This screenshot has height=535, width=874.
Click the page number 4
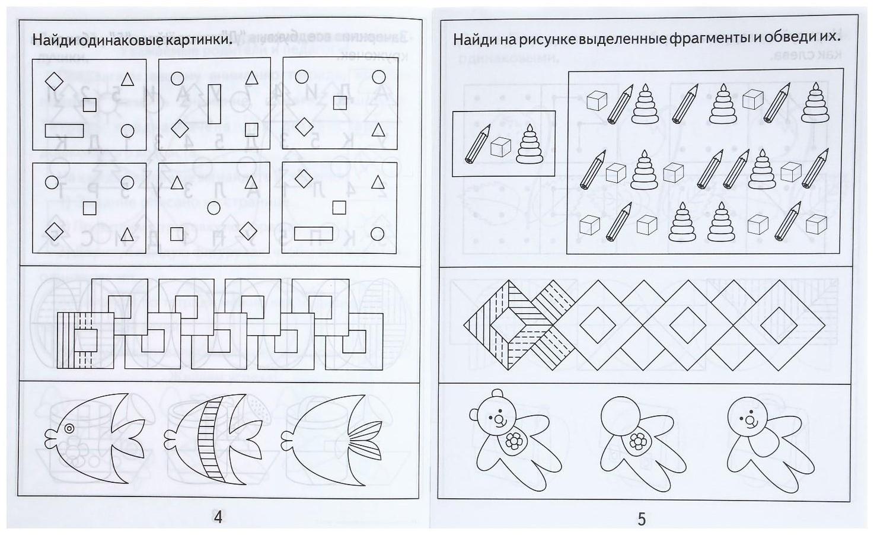218,517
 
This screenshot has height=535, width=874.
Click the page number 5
641,519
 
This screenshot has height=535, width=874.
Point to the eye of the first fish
69,428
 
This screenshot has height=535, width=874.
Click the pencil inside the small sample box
477,143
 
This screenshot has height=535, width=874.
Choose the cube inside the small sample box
501,147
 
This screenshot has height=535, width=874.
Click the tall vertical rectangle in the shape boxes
214,104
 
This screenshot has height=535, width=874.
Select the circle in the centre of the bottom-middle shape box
214,207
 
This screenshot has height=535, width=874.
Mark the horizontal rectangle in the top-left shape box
64,130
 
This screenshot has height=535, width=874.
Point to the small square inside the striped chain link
88,340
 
